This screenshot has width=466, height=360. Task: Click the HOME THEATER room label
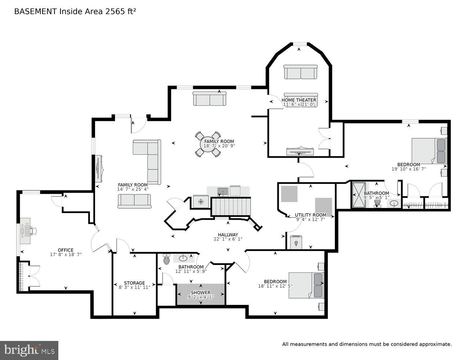299,100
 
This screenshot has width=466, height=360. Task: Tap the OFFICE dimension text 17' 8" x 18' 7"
66,255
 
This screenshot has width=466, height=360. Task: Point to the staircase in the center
230,207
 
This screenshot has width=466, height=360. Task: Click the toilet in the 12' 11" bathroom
166,259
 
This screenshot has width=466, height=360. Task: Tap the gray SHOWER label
201,292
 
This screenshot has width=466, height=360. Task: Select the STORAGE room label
134,283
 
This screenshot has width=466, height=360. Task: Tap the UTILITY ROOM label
310,215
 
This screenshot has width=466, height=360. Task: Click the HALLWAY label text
228,234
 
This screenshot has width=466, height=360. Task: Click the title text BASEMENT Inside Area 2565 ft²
75,12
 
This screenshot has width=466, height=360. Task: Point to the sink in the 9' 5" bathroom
394,204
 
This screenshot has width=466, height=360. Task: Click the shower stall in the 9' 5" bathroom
359,195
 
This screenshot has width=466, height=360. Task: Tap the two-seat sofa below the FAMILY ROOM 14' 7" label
134,201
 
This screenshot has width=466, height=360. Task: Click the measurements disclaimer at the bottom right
367,345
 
